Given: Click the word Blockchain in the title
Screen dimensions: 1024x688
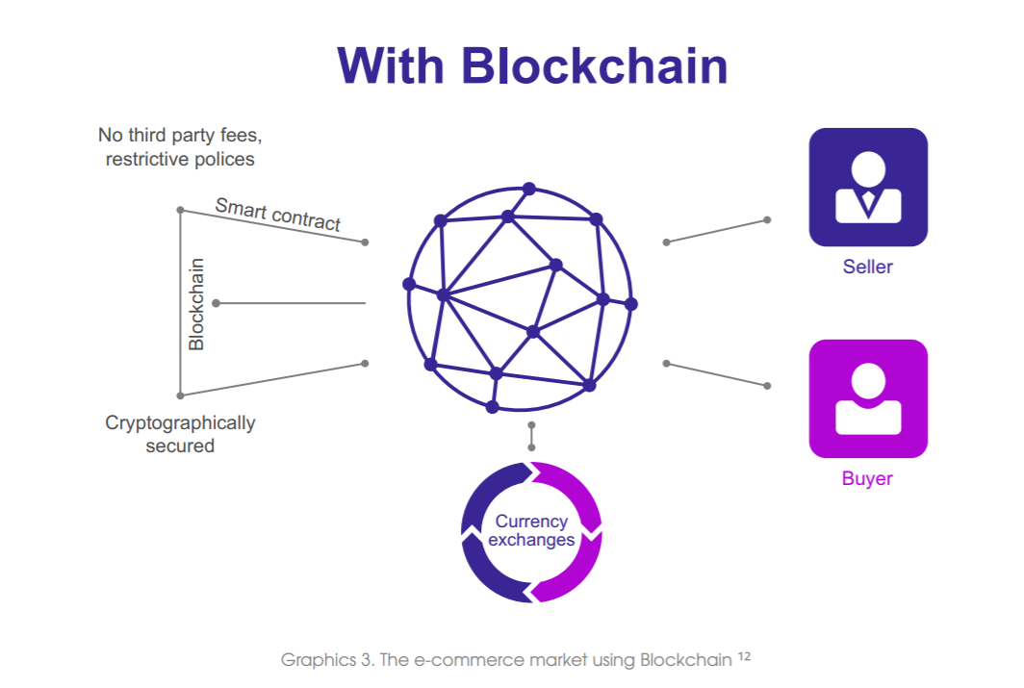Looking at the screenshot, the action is click(x=595, y=66).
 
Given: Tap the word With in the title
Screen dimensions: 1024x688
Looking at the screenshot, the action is click(x=391, y=66).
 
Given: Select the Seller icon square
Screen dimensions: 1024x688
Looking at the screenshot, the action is click(x=868, y=188).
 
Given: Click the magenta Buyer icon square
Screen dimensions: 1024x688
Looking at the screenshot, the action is click(x=868, y=398).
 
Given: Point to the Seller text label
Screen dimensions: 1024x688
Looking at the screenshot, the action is click(x=867, y=267).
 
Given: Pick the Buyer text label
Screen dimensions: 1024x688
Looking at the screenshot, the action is click(x=867, y=478).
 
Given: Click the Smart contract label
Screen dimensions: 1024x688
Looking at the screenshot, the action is click(x=278, y=215).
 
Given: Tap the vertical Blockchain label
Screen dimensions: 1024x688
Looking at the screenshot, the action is click(x=196, y=304).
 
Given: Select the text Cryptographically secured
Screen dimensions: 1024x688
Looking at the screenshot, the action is click(x=180, y=434).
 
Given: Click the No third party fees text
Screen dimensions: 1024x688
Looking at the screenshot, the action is click(x=180, y=135).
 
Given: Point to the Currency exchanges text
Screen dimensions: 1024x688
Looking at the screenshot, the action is click(x=531, y=531).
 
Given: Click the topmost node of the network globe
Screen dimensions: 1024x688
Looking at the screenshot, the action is click(x=529, y=190).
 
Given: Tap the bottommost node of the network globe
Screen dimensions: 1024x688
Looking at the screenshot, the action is click(x=493, y=407).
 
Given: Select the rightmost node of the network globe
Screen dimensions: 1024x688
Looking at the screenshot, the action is click(x=631, y=303).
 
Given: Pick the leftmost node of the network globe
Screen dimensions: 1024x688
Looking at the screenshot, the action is click(x=409, y=284).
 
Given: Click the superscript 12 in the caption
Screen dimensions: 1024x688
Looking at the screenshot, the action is click(x=745, y=655).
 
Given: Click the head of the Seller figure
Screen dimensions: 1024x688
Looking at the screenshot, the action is click(x=868, y=168).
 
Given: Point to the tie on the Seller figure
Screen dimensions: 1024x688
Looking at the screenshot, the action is click(x=868, y=203).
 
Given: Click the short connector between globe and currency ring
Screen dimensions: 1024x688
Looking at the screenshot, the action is click(x=531, y=436).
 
